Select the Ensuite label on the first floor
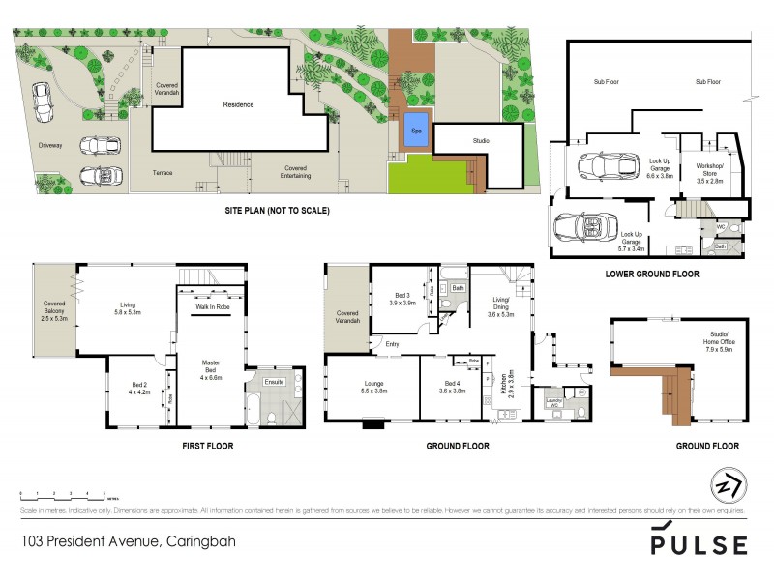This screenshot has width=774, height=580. [274, 384]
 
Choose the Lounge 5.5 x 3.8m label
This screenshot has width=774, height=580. [373, 389]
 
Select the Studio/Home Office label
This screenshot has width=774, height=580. [717, 345]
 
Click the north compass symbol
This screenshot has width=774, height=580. [721, 486]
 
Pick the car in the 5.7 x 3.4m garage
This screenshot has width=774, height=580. [580, 230]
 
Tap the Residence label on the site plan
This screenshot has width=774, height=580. [238, 104]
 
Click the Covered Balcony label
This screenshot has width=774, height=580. [54, 311]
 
